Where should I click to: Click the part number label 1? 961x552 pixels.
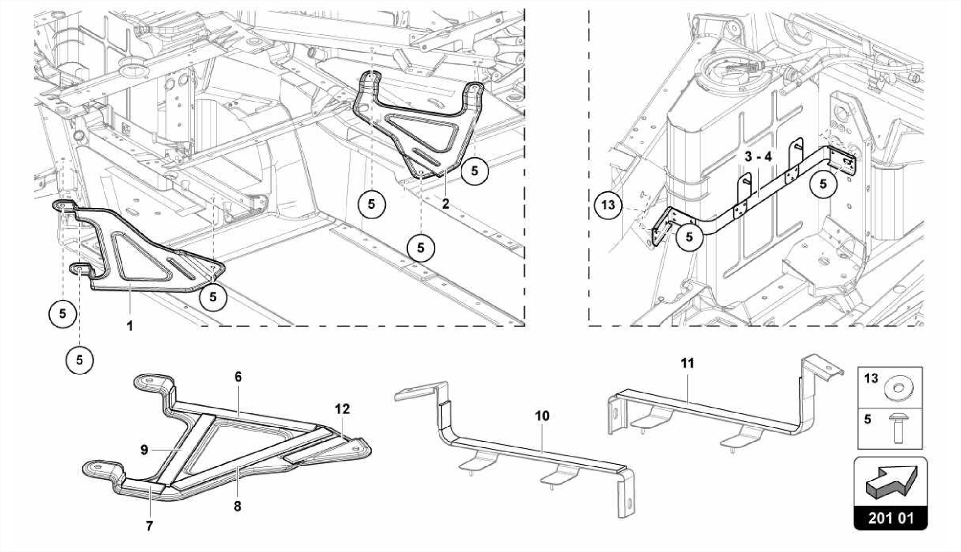(130, 325)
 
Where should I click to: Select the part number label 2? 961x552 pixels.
(445, 204)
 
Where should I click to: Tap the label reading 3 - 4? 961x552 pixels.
(758, 157)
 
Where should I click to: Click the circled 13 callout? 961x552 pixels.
(608, 205)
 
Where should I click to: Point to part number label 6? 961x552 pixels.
(238, 377)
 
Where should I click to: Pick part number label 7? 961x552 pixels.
(149, 526)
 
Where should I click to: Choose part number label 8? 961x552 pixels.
(237, 507)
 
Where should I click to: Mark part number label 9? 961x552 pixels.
(144, 450)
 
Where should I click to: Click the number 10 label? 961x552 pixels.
(542, 416)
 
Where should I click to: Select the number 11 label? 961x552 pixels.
(687, 363)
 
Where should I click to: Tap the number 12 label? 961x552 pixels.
(343, 409)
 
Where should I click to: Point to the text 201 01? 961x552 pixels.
(891, 518)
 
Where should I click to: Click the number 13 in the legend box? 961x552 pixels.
(871, 378)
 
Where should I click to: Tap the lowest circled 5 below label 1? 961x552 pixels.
(79, 360)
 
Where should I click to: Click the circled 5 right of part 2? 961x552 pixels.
(474, 171)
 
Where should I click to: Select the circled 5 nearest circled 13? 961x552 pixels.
(689, 237)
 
